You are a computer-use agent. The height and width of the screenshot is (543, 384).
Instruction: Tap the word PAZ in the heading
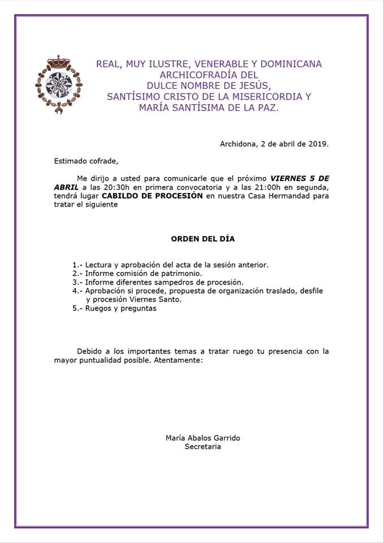(268, 107)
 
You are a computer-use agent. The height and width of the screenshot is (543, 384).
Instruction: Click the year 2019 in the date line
(317, 144)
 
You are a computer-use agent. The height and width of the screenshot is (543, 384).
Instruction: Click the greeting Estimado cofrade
(86, 161)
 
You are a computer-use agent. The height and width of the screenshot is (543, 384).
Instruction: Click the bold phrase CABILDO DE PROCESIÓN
(152, 196)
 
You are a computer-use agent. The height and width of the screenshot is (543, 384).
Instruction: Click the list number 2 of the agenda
(76, 273)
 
